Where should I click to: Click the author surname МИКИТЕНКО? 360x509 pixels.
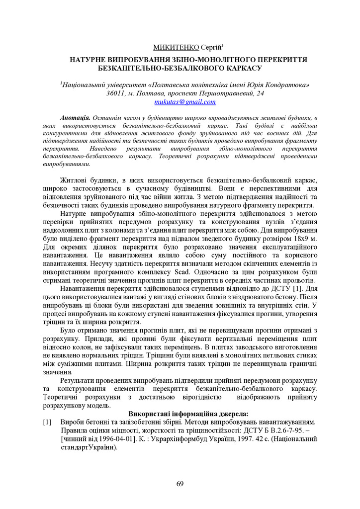coord(176,47)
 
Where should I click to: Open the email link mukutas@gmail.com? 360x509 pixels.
coord(185,102)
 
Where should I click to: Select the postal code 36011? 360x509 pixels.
coord(117,93)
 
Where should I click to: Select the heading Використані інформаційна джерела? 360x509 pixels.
coord(188,414)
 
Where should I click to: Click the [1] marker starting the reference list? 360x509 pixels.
coord(48,422)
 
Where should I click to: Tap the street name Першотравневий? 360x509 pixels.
coord(230,93)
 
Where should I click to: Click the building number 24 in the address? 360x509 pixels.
coord(260,93)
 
